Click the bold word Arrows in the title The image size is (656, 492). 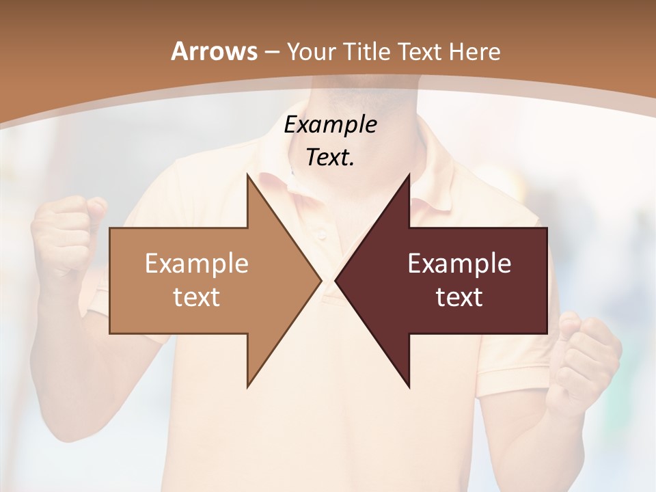213,51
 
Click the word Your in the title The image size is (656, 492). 312,51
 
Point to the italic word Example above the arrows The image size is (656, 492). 330,124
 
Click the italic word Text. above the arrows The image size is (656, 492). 330,157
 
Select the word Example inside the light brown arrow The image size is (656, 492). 197,263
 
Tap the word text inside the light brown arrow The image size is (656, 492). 197,297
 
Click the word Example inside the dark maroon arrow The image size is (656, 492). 459,263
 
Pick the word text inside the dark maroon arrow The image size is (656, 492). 459,297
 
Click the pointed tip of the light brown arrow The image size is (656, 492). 320,280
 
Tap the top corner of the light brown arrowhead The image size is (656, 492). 248,175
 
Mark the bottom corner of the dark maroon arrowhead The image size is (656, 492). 409,386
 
